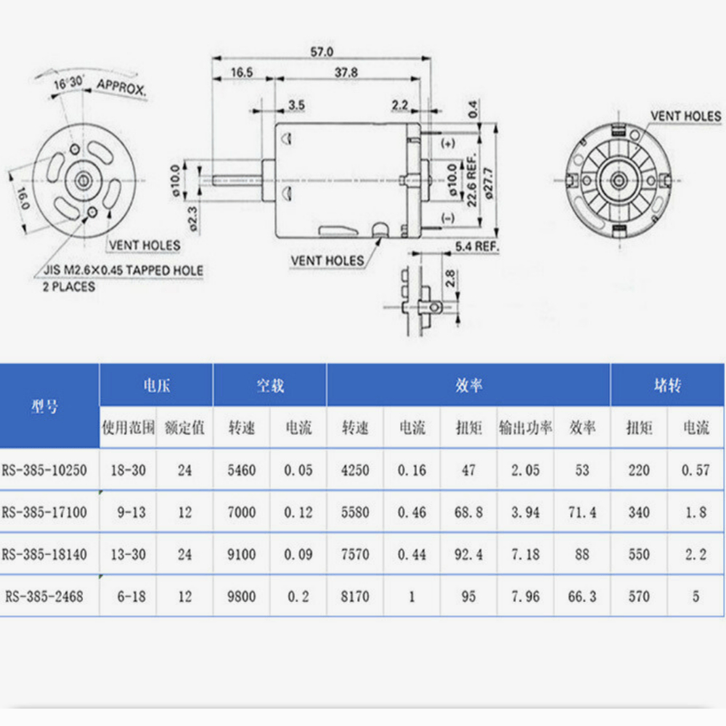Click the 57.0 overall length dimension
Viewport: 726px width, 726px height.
coord(322,52)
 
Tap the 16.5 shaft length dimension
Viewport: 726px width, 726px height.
coord(242,73)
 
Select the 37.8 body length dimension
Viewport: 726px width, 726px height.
coord(346,73)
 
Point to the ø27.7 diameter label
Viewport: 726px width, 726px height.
coord(489,184)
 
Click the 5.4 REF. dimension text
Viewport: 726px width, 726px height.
coord(477,247)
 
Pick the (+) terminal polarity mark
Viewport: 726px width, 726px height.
coord(448,144)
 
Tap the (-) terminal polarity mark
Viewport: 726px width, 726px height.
coord(448,218)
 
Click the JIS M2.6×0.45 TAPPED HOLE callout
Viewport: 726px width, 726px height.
coord(123,270)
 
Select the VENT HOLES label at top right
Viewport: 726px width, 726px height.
coord(686,116)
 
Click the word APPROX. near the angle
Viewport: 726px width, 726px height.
coord(122,87)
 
